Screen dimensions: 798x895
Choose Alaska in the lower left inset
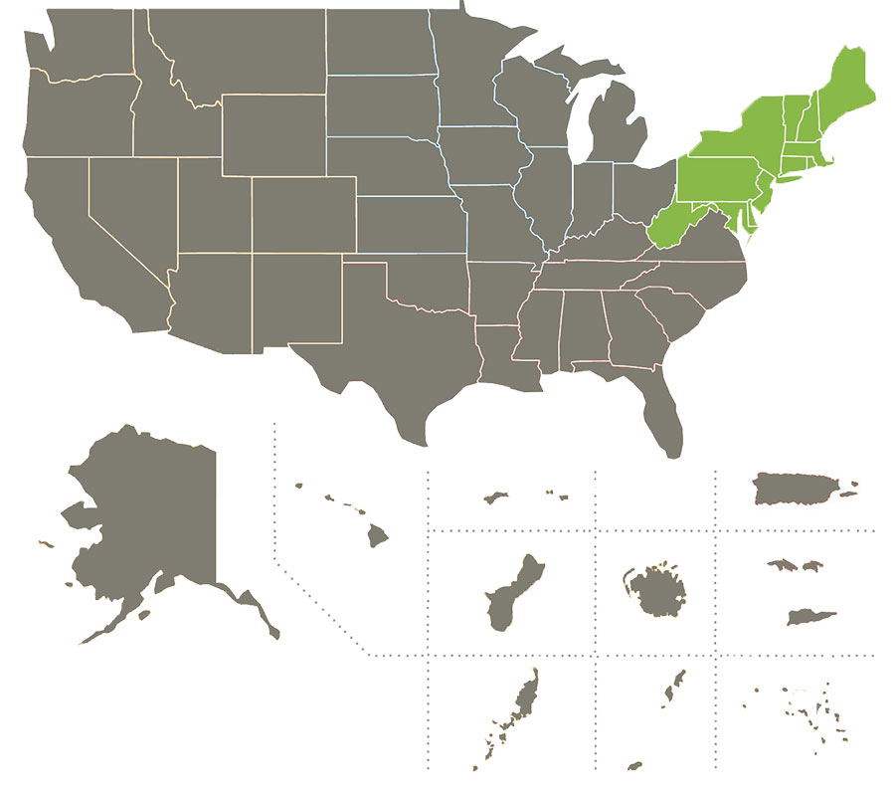tap(149, 517)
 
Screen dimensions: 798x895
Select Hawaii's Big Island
tap(377, 536)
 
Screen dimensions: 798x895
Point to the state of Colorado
tap(303, 214)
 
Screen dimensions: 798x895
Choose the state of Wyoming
tap(273, 134)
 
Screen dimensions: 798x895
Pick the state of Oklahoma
tap(418, 279)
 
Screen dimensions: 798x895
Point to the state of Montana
tap(239, 50)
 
